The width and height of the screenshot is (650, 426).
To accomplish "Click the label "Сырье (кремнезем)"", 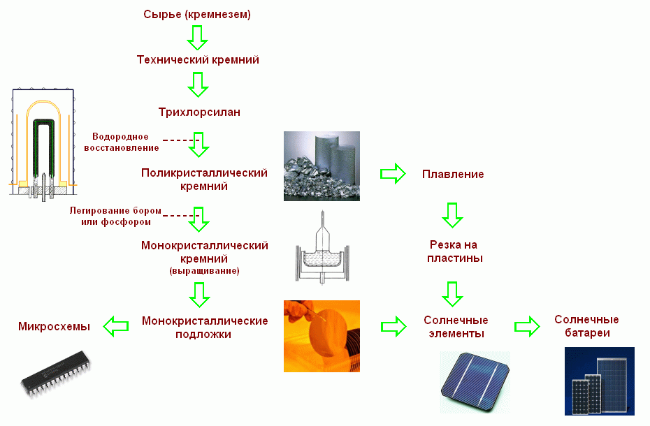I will (196, 15).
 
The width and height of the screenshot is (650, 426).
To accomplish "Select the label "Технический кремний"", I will (198, 60).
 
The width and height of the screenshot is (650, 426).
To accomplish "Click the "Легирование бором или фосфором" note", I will (116, 216).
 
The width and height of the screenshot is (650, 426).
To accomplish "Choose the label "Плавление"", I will (453, 174).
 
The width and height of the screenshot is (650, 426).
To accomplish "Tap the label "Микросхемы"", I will (54, 326).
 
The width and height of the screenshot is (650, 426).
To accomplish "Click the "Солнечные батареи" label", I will (586, 326).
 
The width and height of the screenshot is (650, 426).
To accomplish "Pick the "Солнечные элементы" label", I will (456, 327).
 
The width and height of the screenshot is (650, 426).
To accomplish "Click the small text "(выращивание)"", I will (204, 270).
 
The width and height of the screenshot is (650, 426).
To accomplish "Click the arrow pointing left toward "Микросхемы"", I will (116, 325).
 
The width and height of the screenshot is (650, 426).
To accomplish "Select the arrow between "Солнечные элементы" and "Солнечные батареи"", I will (528, 325).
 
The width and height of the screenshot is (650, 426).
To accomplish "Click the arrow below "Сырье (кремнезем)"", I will (198, 37).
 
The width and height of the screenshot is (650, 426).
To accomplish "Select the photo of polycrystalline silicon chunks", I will (322, 166).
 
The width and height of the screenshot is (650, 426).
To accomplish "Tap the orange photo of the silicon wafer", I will (322, 336).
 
